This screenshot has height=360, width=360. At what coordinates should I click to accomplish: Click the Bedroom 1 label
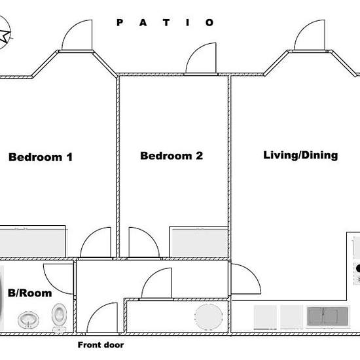pos(41,157)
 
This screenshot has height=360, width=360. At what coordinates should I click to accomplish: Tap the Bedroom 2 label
pos(171,156)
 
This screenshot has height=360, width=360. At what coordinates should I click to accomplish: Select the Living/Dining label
pos(300,155)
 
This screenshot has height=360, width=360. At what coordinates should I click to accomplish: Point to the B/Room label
pos(30,293)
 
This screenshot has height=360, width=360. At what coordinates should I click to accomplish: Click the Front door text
pos(101,345)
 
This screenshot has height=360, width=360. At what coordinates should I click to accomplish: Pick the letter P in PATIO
pos(120,22)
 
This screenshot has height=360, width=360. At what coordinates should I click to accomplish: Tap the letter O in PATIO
pos(209,22)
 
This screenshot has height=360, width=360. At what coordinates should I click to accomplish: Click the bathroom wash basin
pos(28,319)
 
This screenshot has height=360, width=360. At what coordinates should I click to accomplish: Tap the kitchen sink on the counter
pos(328,316)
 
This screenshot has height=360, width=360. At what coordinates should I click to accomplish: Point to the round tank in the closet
pos(208,317)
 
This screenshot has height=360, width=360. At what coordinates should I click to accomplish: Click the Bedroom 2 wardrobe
pos(198,242)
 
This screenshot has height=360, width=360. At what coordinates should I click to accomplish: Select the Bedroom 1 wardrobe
pos(32,242)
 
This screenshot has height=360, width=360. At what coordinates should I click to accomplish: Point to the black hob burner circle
pos(358,268)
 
